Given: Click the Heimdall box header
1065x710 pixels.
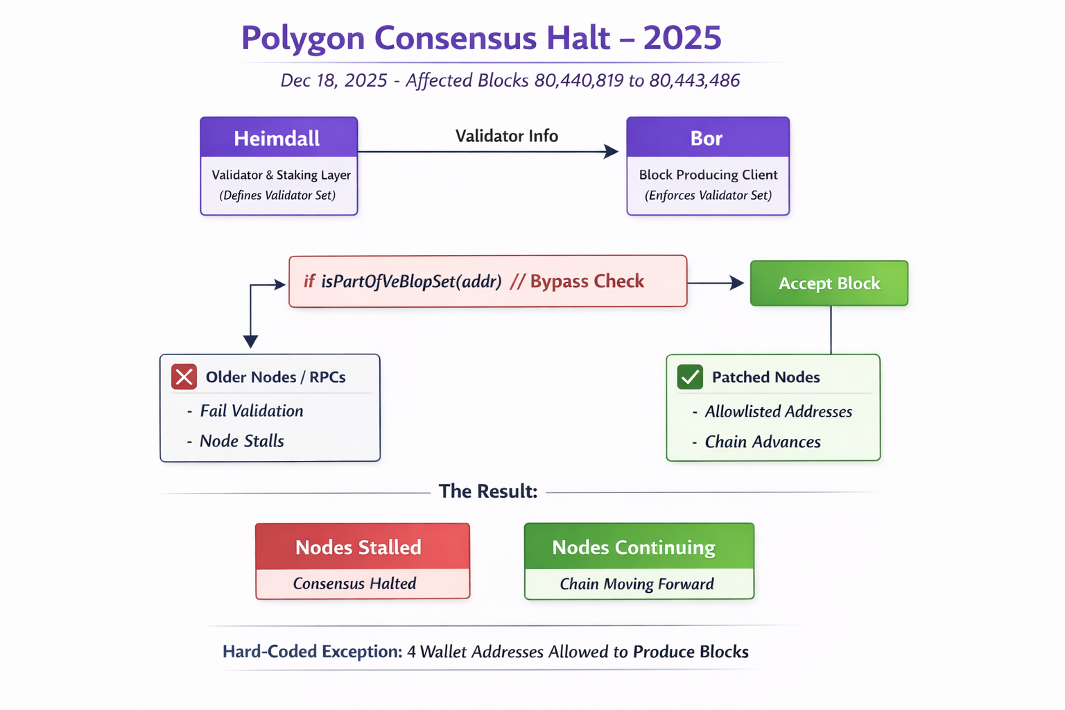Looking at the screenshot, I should [278, 138].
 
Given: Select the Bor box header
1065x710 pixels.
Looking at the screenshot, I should [707, 138].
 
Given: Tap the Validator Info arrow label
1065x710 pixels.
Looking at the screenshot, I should [506, 136].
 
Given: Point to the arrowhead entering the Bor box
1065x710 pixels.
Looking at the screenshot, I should [612, 151].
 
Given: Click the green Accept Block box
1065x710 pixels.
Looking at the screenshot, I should [829, 283].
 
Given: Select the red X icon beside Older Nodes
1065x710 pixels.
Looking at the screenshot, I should [184, 376].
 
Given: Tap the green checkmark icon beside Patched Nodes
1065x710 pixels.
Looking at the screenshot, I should [690, 377].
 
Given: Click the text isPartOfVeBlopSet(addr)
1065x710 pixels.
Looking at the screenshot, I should [410, 282].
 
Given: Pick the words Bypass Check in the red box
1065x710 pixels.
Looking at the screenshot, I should [587, 281].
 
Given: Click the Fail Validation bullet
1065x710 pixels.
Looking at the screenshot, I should [251, 411].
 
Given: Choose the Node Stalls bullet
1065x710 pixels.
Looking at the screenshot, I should [241, 441].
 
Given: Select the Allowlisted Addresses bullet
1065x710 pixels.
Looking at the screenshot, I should [778, 412].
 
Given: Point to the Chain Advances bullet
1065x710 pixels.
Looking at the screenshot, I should [762, 442].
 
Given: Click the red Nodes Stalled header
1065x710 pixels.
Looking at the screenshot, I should [358, 547].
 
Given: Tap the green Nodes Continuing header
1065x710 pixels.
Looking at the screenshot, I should [633, 547].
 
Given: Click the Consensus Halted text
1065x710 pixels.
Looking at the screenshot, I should [354, 583].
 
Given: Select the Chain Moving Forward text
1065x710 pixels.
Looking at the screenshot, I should [637, 584].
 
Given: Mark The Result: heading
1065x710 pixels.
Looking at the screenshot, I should [487, 491].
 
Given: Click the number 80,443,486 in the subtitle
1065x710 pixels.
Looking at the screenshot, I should [694, 80].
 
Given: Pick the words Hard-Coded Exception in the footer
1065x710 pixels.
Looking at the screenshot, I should [312, 652].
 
